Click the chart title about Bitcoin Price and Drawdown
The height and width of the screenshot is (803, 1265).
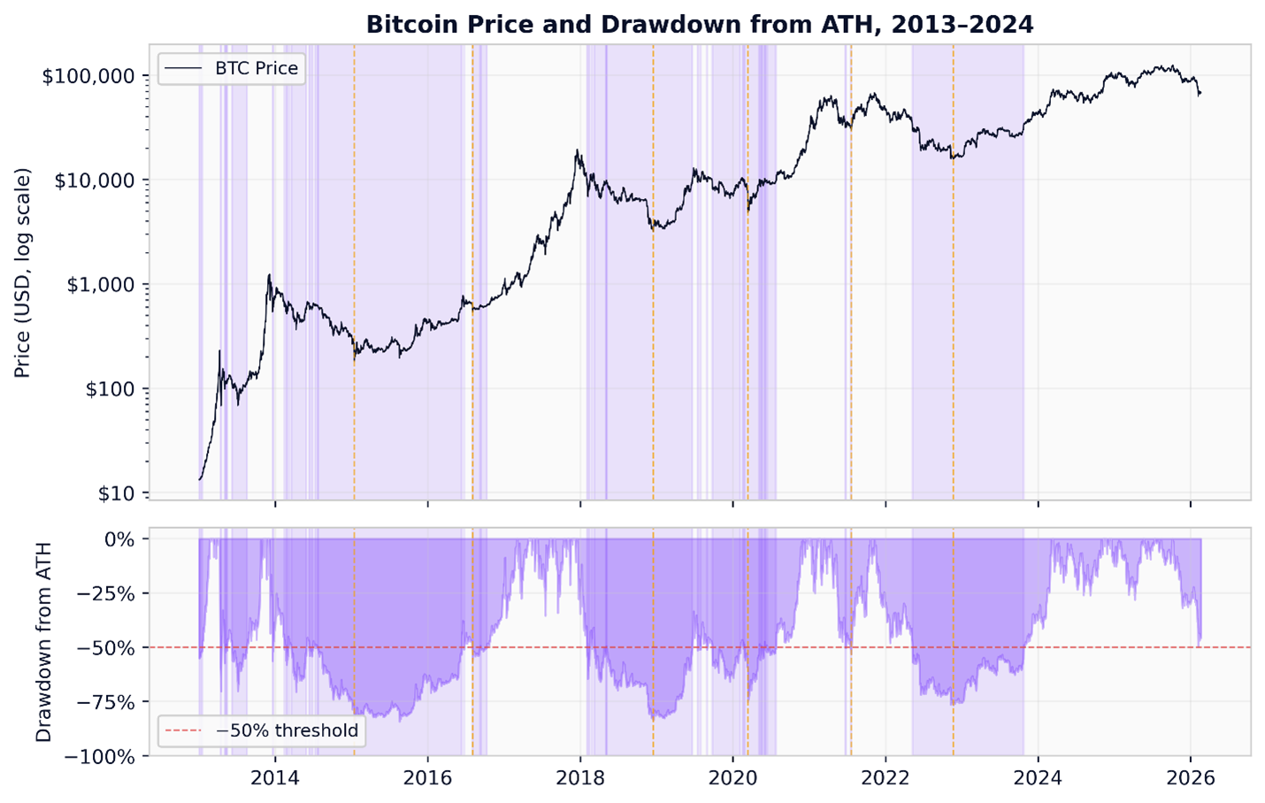coord(699,24)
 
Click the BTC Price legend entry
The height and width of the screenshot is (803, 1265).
coord(256,68)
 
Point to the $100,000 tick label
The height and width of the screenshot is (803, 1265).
coord(89,76)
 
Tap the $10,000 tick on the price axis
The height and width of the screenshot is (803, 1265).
coord(95,180)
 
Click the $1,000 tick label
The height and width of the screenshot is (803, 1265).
coord(100,285)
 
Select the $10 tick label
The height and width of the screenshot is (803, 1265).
coord(116,493)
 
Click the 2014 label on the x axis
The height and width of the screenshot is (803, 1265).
coord(275,778)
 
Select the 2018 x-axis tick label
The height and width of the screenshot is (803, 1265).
coord(580,778)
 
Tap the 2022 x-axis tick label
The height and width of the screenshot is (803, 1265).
coord(885,778)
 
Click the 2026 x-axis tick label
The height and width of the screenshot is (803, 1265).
coord(1191,778)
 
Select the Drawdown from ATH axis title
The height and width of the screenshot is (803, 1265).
coord(43,642)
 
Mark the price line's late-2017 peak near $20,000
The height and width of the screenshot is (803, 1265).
coord(578,151)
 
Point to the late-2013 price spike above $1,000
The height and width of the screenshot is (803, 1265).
coord(269,276)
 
